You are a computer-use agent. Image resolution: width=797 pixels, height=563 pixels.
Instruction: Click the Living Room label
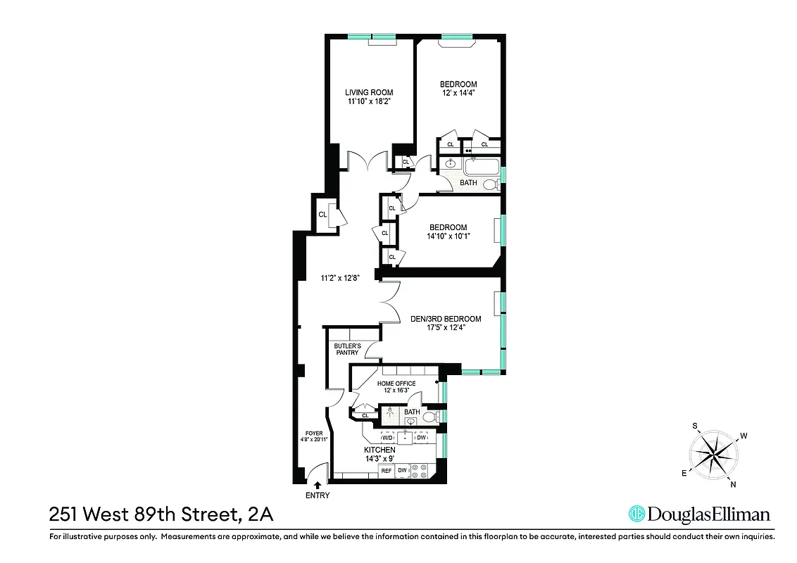tap(368, 92)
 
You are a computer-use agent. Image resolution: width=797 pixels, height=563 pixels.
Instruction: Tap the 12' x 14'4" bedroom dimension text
tap(458, 94)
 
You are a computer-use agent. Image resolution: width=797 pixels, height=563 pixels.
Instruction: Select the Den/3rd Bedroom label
tap(446, 319)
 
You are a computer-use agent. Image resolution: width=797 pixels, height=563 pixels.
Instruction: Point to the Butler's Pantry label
tap(347, 350)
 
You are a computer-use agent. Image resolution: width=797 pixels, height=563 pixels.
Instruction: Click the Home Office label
tap(396, 384)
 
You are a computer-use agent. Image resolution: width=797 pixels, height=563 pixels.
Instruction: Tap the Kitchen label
tap(379, 450)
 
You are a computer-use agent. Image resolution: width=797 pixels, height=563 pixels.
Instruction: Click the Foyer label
tap(313, 434)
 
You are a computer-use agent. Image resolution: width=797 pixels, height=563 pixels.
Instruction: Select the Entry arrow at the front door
tap(318, 484)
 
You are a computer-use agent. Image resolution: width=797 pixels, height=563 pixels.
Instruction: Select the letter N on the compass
tap(733, 483)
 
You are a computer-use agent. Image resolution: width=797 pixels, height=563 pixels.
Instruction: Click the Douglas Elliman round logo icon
tap(636, 514)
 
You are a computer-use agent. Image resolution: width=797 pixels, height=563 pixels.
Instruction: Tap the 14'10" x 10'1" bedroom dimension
tap(448, 236)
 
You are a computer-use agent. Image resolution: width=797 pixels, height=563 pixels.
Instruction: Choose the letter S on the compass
tap(694, 426)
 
